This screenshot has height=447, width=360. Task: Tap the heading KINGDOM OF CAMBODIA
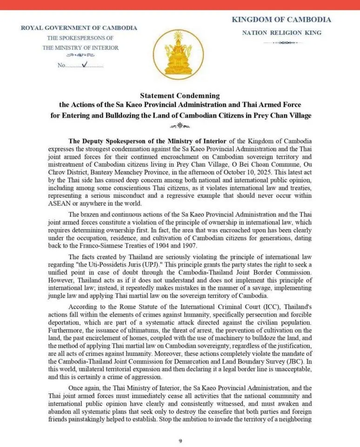click(281, 20)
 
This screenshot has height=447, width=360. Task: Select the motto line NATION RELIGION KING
click(281, 33)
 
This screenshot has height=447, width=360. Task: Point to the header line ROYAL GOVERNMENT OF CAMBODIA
click(79, 28)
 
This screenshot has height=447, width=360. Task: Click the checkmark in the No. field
click(84, 65)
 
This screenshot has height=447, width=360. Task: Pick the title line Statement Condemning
click(180, 96)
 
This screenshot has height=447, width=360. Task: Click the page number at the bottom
click(180, 440)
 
